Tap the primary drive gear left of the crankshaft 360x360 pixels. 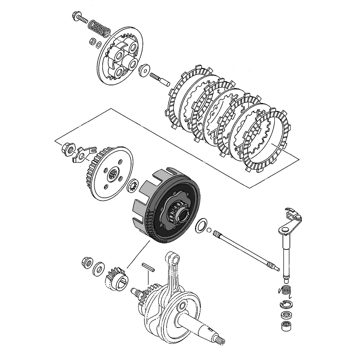(x=116, y=277)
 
